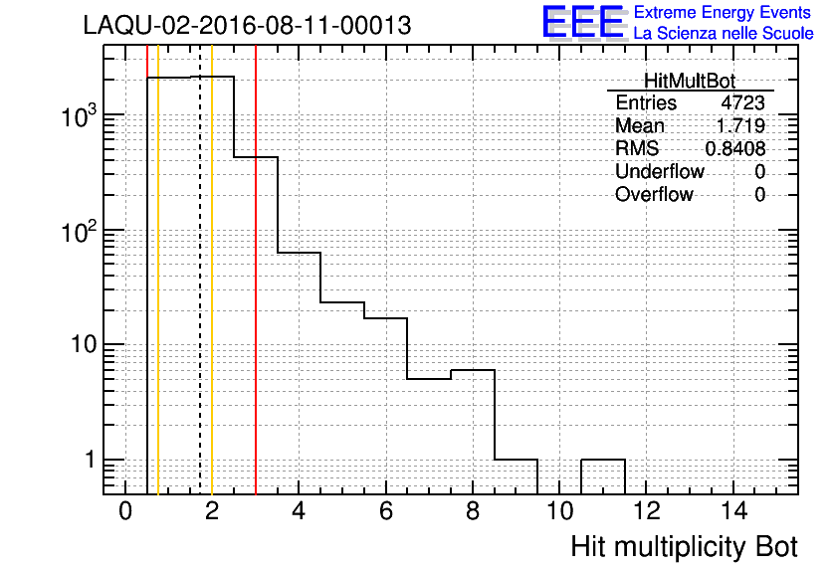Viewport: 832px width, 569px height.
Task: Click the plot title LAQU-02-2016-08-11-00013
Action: [247, 26]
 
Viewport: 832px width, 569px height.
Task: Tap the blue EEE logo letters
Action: [582, 22]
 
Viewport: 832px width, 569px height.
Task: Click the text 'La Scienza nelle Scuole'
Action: [724, 34]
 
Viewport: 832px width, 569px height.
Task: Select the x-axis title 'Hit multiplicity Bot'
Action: [684, 547]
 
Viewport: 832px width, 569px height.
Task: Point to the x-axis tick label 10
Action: [559, 511]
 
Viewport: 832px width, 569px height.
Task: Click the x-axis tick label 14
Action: [733, 511]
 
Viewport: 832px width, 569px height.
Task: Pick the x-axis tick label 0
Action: [125, 511]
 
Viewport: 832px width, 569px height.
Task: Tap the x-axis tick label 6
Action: [386, 511]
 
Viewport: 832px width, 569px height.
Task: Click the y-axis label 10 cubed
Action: [79, 115]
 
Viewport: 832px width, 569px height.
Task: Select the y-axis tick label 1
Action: [91, 460]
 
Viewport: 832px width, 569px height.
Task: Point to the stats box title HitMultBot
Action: [690, 82]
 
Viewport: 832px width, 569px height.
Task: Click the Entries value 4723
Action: [742, 102]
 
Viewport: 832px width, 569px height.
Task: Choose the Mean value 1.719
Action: [740, 125]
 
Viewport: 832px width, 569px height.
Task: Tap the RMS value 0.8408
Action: [735, 149]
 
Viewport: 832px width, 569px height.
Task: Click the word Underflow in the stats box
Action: [660, 172]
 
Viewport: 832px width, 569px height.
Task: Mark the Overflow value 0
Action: [759, 195]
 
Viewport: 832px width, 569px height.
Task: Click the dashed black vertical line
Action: [200, 270]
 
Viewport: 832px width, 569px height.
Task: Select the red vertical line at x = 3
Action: [256, 270]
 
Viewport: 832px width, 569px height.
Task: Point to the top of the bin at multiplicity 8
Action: [473, 370]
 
